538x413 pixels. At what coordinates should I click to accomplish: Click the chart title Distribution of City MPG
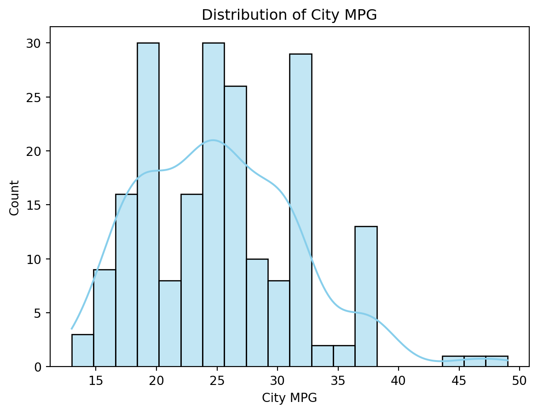pyautogui.click(x=289, y=15)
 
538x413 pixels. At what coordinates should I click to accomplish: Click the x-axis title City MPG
pyautogui.click(x=289, y=398)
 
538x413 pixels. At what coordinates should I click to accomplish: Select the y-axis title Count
pyautogui.click(x=15, y=197)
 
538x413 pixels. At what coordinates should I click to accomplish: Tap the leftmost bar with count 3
pyautogui.click(x=82, y=351)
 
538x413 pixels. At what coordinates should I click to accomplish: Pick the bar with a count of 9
pyautogui.click(x=104, y=318)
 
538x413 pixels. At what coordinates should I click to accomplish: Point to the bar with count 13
pyautogui.click(x=366, y=297)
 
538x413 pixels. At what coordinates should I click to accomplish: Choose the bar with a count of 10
pyautogui.click(x=257, y=313)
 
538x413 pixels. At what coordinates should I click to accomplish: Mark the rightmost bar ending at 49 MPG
pyautogui.click(x=497, y=361)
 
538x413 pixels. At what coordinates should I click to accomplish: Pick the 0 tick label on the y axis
pyautogui.click(x=41, y=367)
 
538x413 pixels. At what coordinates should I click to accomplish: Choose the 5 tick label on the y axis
pyautogui.click(x=41, y=313)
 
